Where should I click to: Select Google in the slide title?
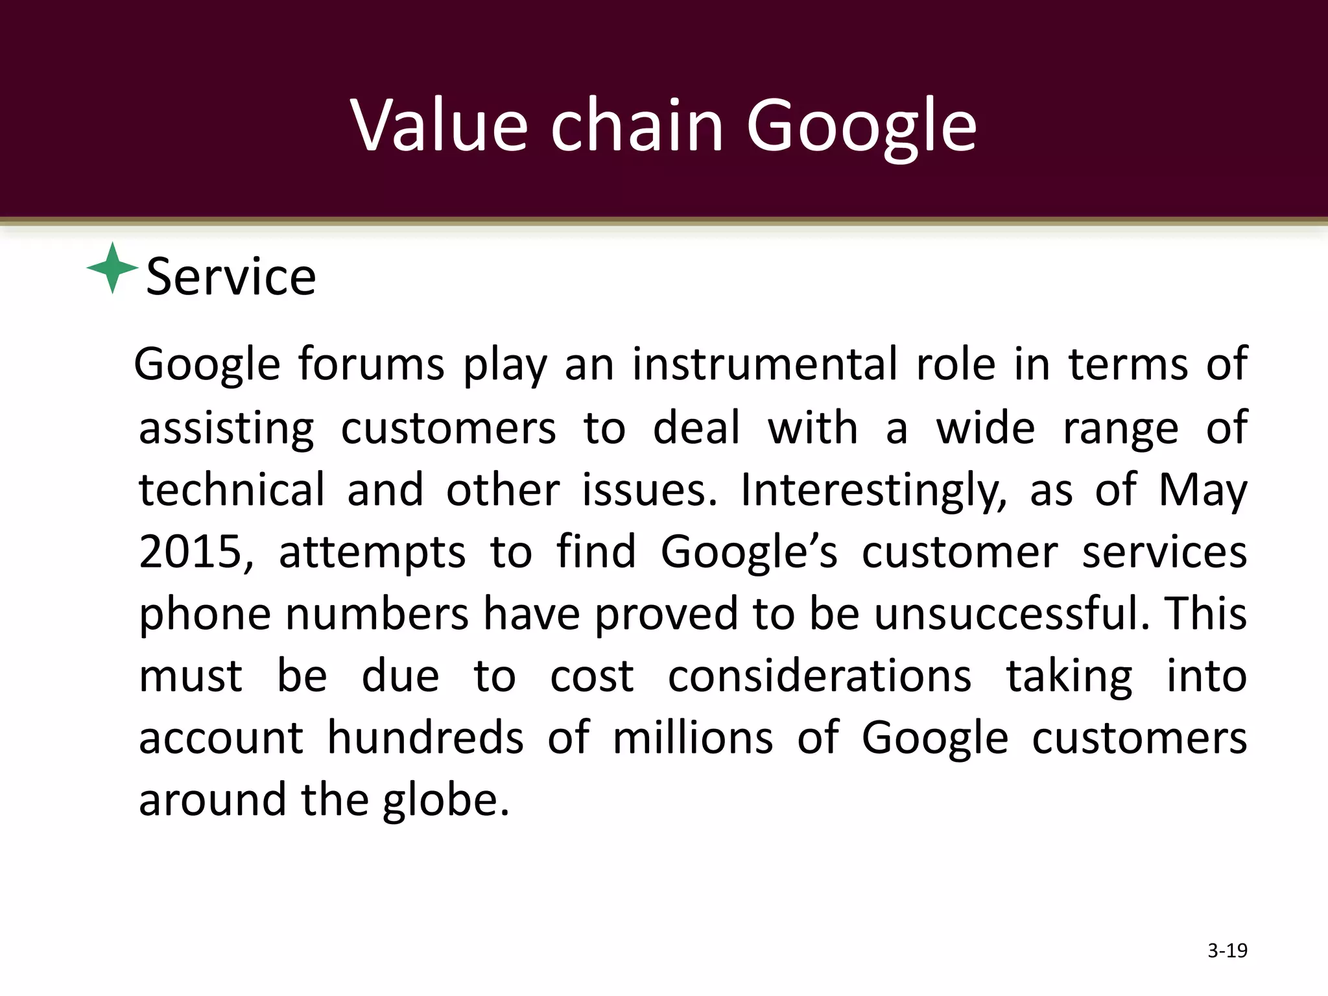861,127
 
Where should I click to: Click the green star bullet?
113,268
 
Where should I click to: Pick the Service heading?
231,277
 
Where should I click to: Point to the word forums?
371,364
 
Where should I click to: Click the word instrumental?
765,364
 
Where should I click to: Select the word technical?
231,490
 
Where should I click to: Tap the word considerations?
820,676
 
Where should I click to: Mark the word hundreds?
425,738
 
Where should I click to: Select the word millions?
693,738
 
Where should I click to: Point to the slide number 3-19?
1227,951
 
